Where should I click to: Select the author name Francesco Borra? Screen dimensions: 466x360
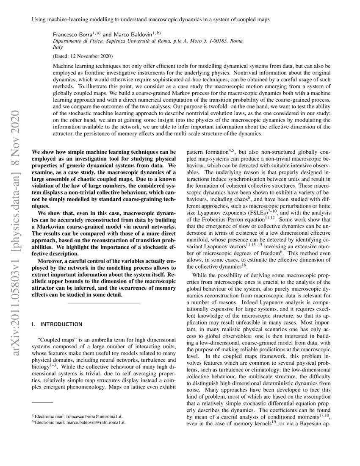(x=72, y=33)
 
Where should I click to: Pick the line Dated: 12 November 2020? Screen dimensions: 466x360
(x=83, y=56)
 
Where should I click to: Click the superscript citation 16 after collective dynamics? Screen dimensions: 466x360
(x=244, y=266)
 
